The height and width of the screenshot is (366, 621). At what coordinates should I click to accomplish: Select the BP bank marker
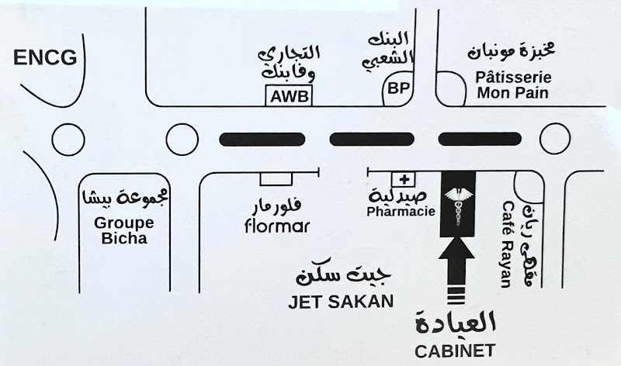pos(400,89)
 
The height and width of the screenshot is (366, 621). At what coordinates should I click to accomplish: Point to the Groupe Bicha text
pos(124,230)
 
